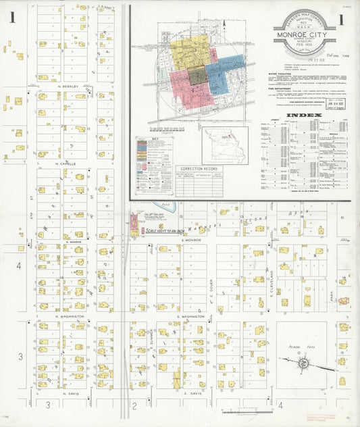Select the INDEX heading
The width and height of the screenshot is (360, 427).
click(299, 116)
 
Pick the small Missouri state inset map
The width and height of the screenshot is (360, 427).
click(226, 144)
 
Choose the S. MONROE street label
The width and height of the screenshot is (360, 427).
click(190, 240)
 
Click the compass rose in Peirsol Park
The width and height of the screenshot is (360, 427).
click(304, 363)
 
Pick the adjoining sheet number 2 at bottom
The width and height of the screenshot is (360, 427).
click(134, 405)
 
